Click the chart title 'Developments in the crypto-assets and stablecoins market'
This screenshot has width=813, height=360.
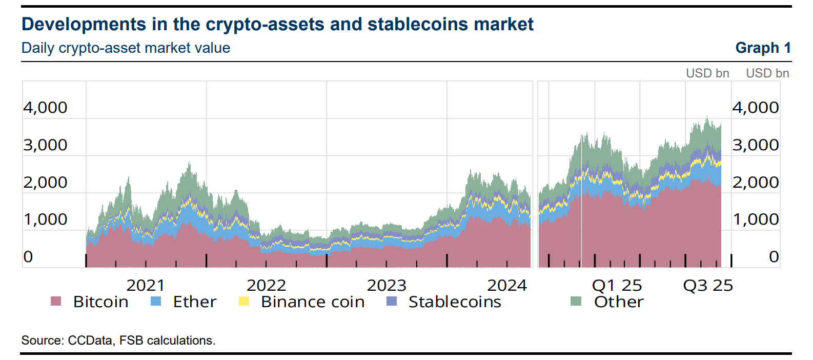coord(277,24)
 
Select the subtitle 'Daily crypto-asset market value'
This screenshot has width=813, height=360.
coord(126,48)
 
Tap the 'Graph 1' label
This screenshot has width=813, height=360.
coord(763,48)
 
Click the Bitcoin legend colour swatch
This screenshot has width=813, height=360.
coord(56,301)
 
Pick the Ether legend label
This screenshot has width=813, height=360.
coord(194,302)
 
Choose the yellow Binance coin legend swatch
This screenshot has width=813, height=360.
coord(244,301)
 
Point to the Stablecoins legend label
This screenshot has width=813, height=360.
coord(455,302)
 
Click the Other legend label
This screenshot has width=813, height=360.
coord(619,302)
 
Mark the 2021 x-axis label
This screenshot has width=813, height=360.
coord(146,285)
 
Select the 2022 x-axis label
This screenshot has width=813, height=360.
coord(266,285)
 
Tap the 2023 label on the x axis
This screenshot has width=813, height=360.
coord(387,285)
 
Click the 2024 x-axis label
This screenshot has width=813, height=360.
coord(507,285)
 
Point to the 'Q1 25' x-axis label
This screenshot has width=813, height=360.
coord(617,285)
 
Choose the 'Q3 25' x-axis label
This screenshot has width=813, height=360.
coord(708,285)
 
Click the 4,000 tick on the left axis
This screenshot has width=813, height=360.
coord(45,108)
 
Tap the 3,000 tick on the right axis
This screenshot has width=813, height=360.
coord(755,145)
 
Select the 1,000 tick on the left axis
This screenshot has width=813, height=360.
coord(45,219)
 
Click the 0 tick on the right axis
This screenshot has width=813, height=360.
coord(774,257)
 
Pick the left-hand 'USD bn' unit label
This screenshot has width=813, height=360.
coord(707,73)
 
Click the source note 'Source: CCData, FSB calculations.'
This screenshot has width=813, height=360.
coord(118,341)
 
